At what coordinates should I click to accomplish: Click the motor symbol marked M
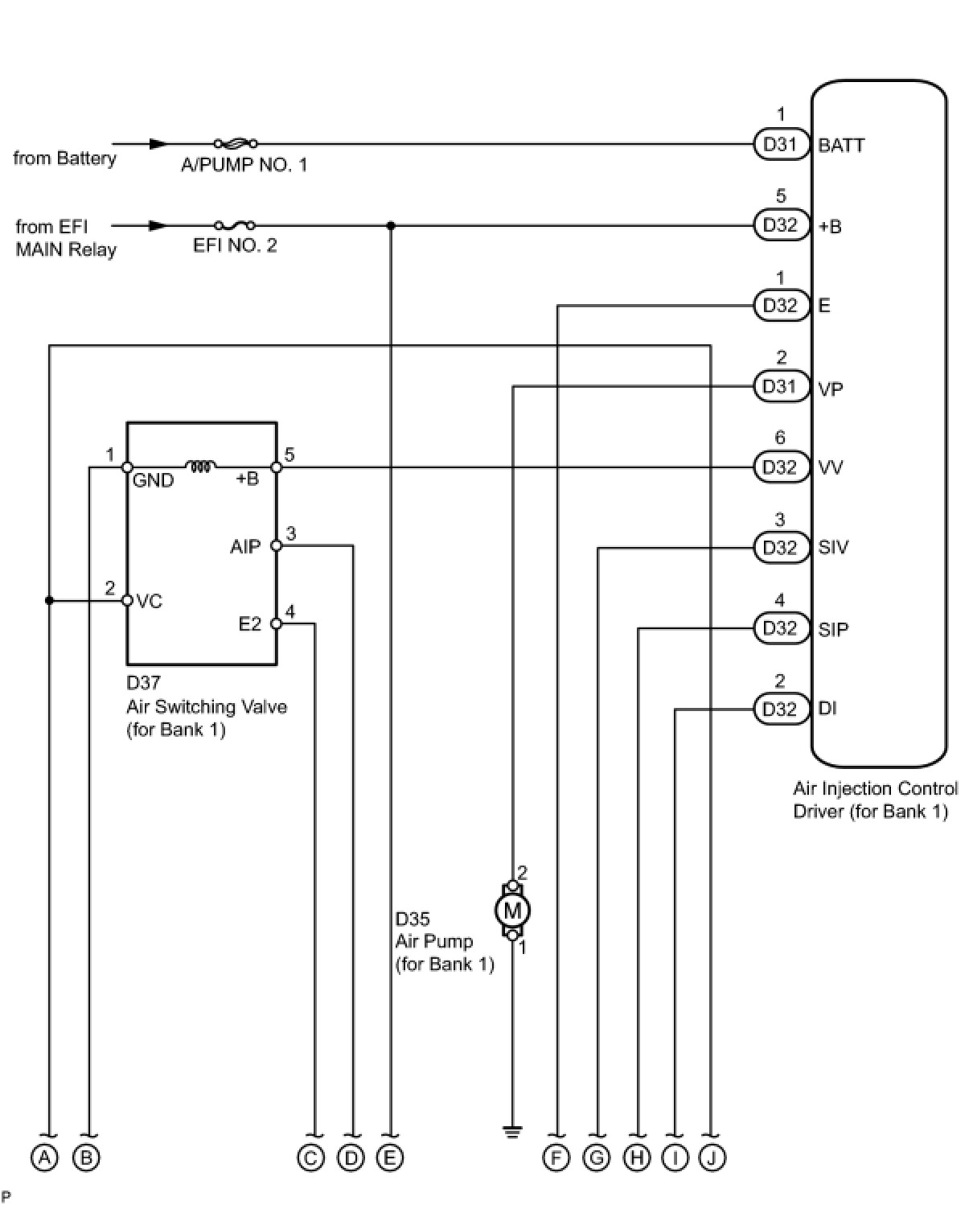click(x=512, y=911)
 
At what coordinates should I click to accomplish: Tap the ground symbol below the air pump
click(x=512, y=1132)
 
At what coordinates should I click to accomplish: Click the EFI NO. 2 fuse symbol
click(x=235, y=226)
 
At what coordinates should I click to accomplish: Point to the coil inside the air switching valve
click(x=201, y=467)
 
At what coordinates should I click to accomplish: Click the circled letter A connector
click(x=45, y=1157)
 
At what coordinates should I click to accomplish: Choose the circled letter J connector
click(x=711, y=1157)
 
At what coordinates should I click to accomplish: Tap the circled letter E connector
click(x=389, y=1157)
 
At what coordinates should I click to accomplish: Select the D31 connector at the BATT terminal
click(x=782, y=144)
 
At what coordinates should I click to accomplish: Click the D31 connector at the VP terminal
click(x=782, y=387)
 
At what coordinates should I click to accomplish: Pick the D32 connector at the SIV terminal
click(x=782, y=548)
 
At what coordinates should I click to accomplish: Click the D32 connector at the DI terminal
click(x=782, y=709)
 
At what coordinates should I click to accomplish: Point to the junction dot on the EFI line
click(x=391, y=226)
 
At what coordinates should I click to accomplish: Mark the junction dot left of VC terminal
click(x=49, y=600)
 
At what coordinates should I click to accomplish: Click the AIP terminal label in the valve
click(x=245, y=546)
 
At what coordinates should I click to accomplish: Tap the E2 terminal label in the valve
click(x=250, y=624)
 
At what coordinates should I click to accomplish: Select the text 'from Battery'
click(x=64, y=158)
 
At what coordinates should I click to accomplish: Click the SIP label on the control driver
click(x=833, y=629)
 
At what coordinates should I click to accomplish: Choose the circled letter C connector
click(x=310, y=1157)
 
